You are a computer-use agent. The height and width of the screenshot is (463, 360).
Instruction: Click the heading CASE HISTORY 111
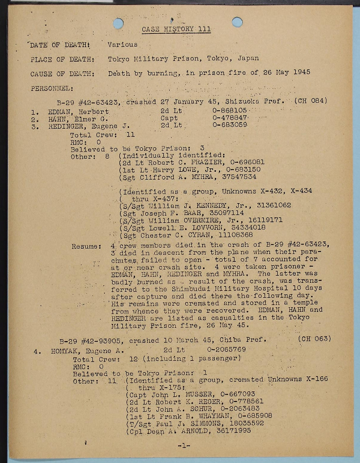[x=176, y=29]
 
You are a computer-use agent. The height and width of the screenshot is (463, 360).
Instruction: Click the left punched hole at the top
[x=118, y=24]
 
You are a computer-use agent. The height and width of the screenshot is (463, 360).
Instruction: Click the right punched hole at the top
[x=237, y=22]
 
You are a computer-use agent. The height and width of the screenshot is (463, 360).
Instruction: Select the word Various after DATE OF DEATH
[x=123, y=45]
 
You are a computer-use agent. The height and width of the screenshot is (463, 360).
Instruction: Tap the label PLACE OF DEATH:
[x=63, y=60]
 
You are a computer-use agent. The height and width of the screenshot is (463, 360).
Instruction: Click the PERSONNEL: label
[x=52, y=88]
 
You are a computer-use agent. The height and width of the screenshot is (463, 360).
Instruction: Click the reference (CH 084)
[x=311, y=101]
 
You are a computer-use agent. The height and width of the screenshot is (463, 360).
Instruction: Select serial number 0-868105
[x=229, y=111]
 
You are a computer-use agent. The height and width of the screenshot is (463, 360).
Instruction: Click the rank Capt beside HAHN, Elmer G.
[x=169, y=118]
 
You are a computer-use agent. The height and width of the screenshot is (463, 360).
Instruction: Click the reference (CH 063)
[x=314, y=339]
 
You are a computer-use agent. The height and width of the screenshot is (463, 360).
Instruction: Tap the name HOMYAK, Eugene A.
[x=85, y=351]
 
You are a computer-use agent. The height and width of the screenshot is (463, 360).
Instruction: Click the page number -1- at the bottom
[x=184, y=446]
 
